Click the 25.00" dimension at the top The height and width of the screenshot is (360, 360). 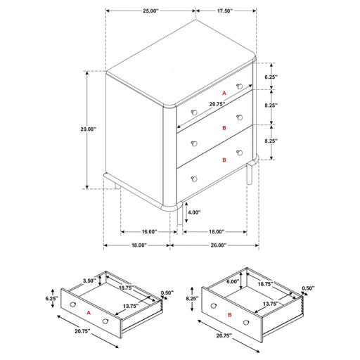coord(150,11)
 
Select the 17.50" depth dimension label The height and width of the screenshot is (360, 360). coord(224,11)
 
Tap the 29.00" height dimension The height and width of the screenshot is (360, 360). coord(89,129)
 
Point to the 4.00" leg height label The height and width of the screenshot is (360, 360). coord(194,212)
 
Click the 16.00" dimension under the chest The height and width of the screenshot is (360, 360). coord(149,232)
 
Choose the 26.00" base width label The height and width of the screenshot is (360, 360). coord(218,245)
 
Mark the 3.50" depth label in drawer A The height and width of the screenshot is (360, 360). coord(89,281)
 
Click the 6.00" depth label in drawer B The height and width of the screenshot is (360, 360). coord(233,281)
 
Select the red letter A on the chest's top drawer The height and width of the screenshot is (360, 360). coord(224,94)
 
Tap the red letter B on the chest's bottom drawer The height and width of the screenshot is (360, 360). coord(224,160)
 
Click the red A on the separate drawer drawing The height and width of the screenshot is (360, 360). coord(89,313)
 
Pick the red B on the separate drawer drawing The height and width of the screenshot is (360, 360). coord(230,315)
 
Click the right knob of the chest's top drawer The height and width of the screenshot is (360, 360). coord(239,86)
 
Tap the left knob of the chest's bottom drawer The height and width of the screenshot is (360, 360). coord(194,179)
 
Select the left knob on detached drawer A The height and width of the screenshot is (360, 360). coord(73,304)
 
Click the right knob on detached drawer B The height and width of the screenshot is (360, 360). coord(246,323)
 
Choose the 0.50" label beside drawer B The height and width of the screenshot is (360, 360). coord(308,288)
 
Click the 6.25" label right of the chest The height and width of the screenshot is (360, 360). coord(271,77)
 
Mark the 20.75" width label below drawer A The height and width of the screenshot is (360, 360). coord(82,331)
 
